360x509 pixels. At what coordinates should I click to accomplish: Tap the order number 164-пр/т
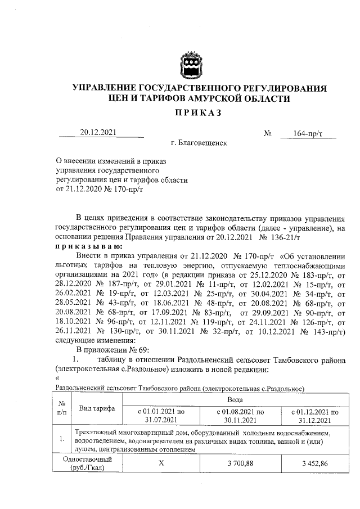[x=308, y=133]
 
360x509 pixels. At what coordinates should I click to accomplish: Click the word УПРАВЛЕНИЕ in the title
[x=106, y=88]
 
